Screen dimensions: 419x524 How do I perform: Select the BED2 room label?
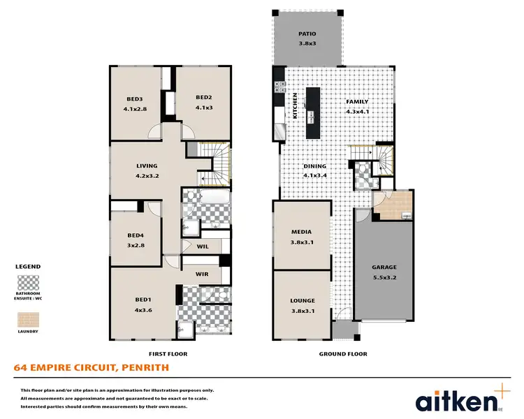(203, 97)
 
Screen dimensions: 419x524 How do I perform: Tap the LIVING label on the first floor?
(147, 166)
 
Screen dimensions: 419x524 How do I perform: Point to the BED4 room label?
(136, 236)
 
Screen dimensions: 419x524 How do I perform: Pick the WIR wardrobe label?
(203, 274)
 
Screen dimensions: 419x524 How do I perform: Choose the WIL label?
(203, 246)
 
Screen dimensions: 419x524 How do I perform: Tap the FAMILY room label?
(357, 102)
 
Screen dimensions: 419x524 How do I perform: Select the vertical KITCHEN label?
(296, 106)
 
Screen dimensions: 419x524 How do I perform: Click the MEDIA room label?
(301, 232)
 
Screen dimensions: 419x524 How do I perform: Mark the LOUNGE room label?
(303, 300)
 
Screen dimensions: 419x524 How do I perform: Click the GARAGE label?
(384, 267)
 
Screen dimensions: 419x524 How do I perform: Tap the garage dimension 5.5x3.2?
(384, 277)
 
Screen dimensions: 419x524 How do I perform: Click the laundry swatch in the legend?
(28, 319)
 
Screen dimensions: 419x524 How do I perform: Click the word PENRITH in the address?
(143, 367)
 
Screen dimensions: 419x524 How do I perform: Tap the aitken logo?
(459, 401)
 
